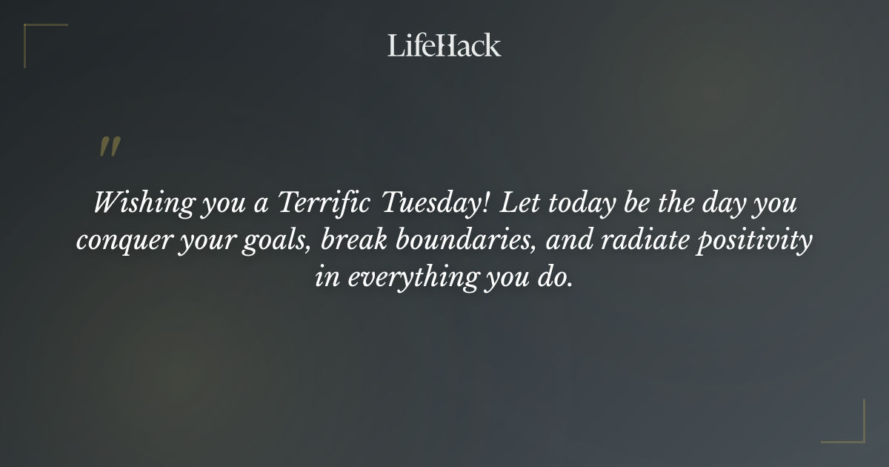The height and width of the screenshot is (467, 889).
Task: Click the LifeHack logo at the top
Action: (x=444, y=45)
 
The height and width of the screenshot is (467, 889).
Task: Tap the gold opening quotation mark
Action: (x=109, y=147)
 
